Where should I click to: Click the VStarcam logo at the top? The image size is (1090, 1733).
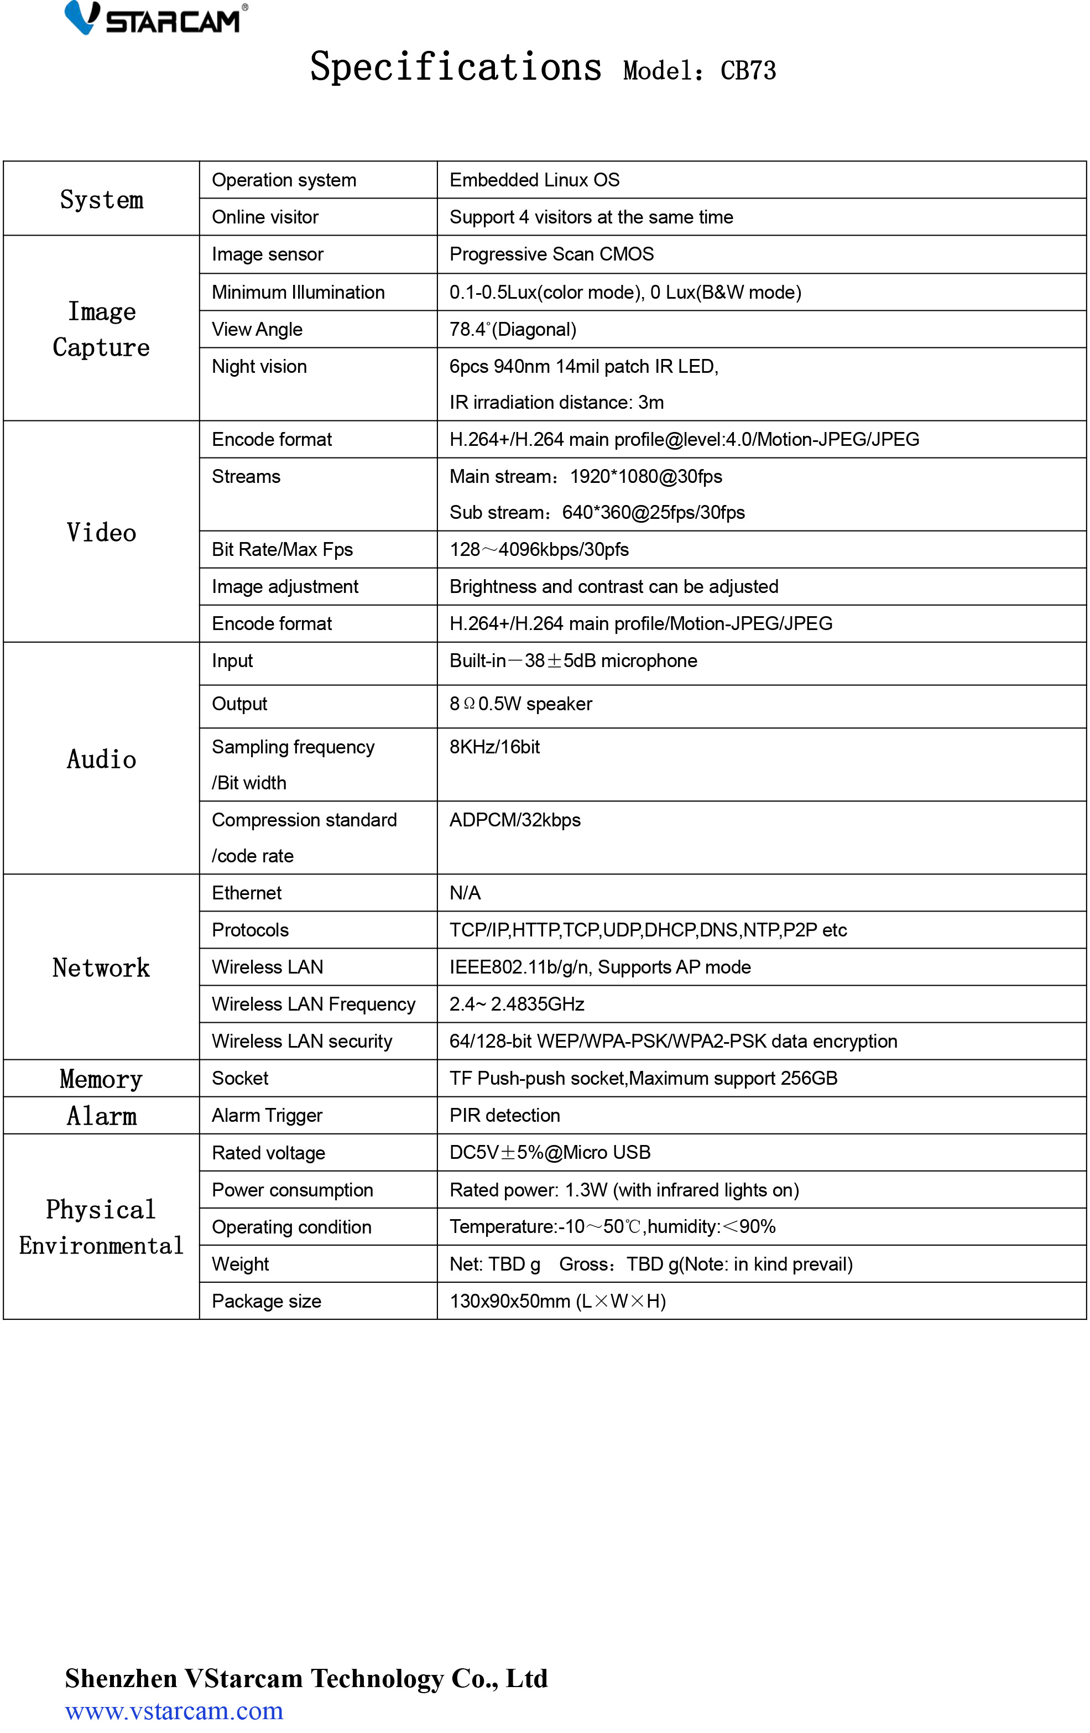click(x=155, y=19)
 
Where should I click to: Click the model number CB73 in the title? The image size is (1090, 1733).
click(x=748, y=71)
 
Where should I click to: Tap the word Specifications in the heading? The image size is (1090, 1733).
click(x=456, y=67)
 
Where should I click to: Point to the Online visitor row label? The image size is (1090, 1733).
click(x=265, y=217)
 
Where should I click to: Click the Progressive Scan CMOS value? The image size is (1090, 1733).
click(x=551, y=254)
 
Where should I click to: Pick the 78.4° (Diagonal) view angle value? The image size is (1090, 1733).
click(x=512, y=330)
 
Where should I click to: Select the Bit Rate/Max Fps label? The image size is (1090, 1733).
click(x=282, y=550)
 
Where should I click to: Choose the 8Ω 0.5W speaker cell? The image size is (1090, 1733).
click(x=520, y=704)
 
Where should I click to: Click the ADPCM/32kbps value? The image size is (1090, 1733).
click(x=514, y=820)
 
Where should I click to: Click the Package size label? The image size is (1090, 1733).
click(x=266, y=1301)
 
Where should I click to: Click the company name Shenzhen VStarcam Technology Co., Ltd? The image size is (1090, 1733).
click(x=306, y=1678)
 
